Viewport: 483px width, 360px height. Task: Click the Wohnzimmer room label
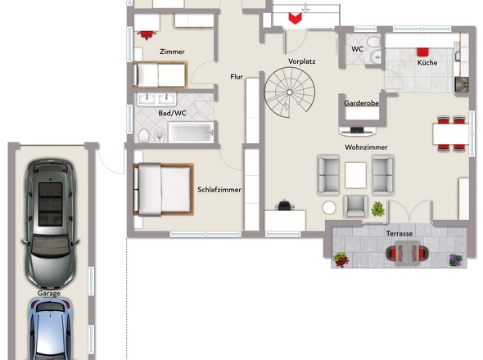(366, 147)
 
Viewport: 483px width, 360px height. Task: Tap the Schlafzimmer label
(219, 190)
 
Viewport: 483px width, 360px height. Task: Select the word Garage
(49, 294)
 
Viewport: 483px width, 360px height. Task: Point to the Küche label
(427, 62)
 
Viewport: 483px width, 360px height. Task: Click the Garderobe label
(362, 103)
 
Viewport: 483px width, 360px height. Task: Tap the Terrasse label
(399, 234)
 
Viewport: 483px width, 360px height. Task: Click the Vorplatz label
(302, 61)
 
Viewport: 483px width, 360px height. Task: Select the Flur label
(237, 77)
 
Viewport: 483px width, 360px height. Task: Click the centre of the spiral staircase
(290, 92)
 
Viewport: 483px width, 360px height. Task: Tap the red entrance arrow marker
(295, 19)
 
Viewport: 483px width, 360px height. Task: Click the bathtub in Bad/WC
(191, 133)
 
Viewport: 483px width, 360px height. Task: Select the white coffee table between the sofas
(356, 175)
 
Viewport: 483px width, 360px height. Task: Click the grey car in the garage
(50, 223)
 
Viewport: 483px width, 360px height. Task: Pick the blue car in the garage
(51, 329)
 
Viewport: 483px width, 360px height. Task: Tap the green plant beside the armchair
(378, 209)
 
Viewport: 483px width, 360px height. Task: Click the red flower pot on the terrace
(341, 259)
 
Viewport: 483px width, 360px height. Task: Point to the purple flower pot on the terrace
(456, 260)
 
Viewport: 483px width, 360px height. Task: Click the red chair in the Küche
(423, 52)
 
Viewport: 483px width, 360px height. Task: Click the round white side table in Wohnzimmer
(329, 208)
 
